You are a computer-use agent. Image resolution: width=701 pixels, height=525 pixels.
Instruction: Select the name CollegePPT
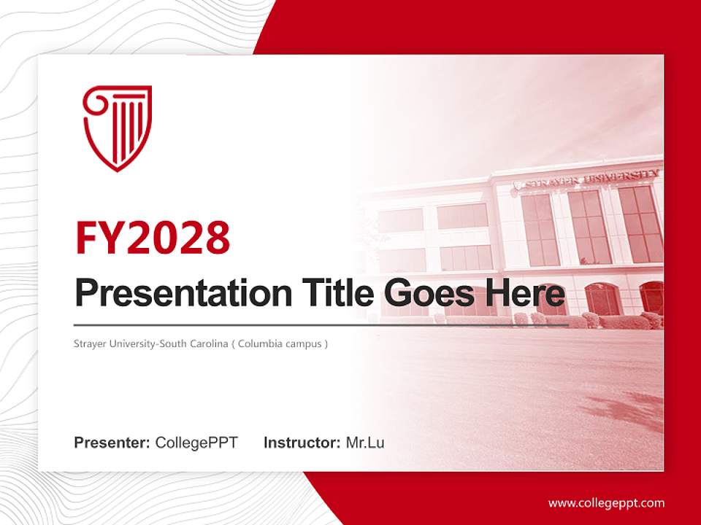click(196, 443)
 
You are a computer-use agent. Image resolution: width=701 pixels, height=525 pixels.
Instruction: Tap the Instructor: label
click(302, 443)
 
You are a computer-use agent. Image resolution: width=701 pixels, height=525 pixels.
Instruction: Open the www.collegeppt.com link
click(606, 503)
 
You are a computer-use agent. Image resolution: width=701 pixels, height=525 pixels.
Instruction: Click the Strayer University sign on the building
click(591, 178)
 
